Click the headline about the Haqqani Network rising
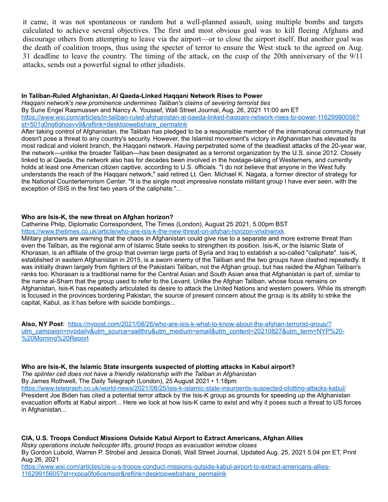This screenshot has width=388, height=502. point(142,96)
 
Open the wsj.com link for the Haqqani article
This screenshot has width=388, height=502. point(190,117)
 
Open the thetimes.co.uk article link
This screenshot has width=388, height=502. point(153,231)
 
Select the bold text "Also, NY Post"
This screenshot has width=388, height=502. point(43,324)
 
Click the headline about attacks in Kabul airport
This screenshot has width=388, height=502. point(158,367)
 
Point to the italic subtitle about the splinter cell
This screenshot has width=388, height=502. point(139,374)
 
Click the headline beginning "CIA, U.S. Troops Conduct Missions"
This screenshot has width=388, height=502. point(162,438)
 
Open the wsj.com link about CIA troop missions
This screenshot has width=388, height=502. point(176,467)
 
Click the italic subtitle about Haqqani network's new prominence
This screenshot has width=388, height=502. point(145,103)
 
